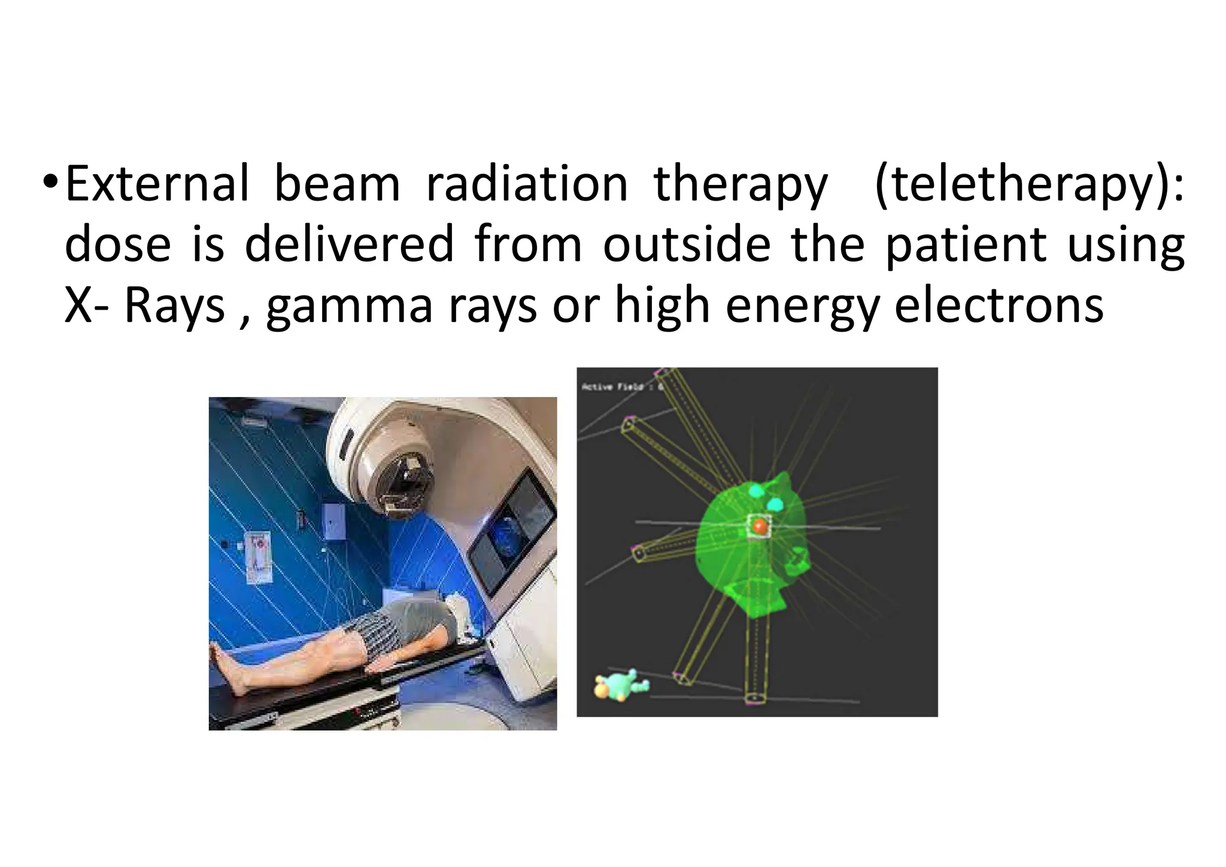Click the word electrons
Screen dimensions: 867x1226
coord(999,305)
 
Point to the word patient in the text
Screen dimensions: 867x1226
coord(966,244)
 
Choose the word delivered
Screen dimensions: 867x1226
coord(350,244)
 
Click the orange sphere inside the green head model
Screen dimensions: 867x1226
coord(760,526)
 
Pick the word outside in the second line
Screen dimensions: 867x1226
coord(687,244)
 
